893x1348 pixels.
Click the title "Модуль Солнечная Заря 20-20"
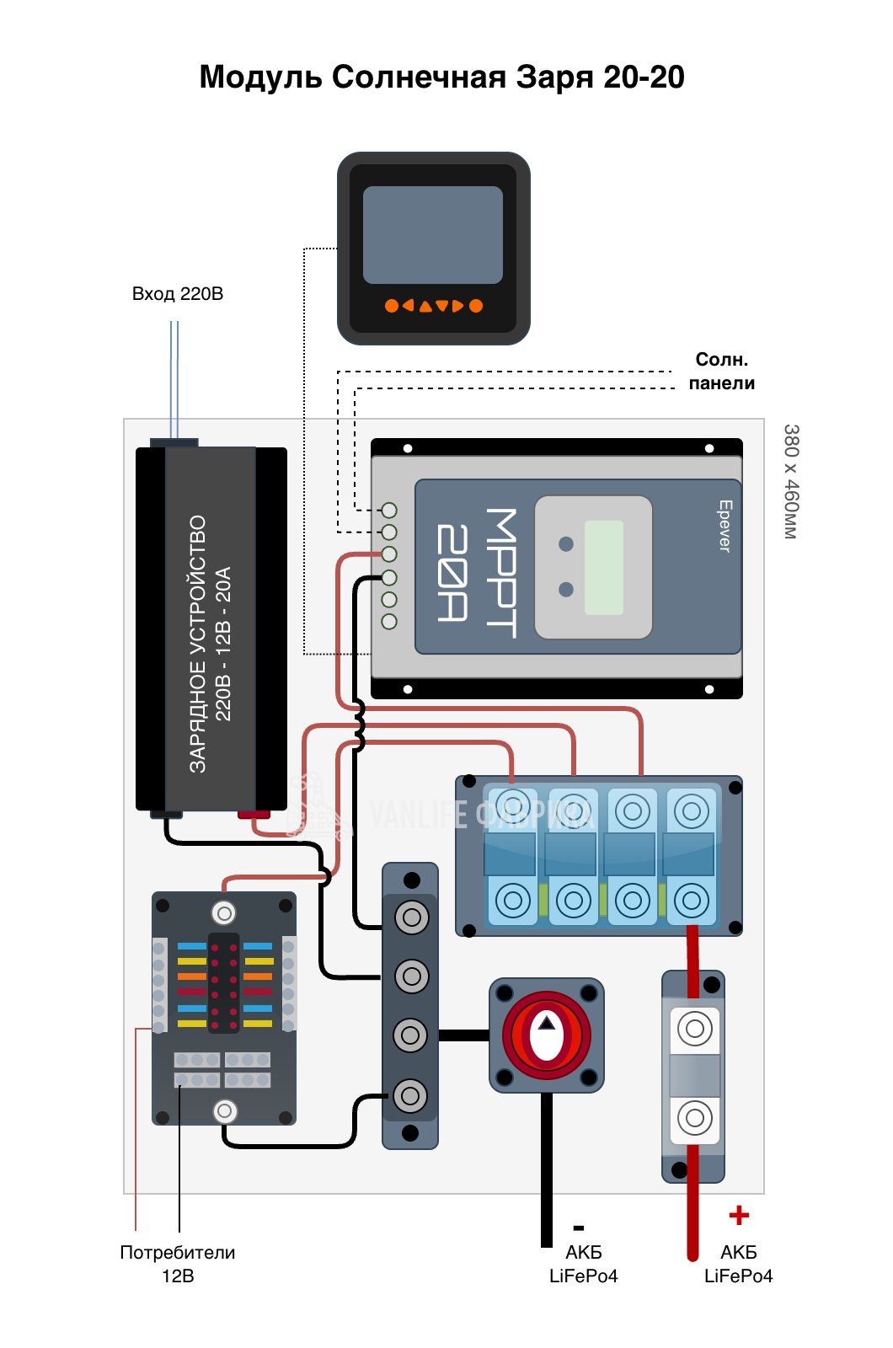click(441, 77)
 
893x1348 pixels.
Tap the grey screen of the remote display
click(432, 234)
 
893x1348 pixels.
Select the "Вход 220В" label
click(177, 294)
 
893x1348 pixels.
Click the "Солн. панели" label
click(721, 372)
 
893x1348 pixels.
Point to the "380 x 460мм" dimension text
click(790, 481)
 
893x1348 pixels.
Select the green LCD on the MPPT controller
click(603, 567)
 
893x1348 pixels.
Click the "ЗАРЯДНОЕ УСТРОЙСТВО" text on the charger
click(197, 644)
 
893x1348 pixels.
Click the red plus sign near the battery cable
click(739, 1215)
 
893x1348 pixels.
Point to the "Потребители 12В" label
click(177, 1264)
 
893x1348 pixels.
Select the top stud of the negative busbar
click(411, 917)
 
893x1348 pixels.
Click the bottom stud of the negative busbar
click(410, 1095)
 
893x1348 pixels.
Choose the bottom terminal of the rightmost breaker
click(691, 901)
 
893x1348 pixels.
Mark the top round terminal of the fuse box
click(224, 912)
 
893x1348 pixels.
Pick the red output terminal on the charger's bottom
click(253, 815)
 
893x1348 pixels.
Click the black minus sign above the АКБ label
click(578, 1228)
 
